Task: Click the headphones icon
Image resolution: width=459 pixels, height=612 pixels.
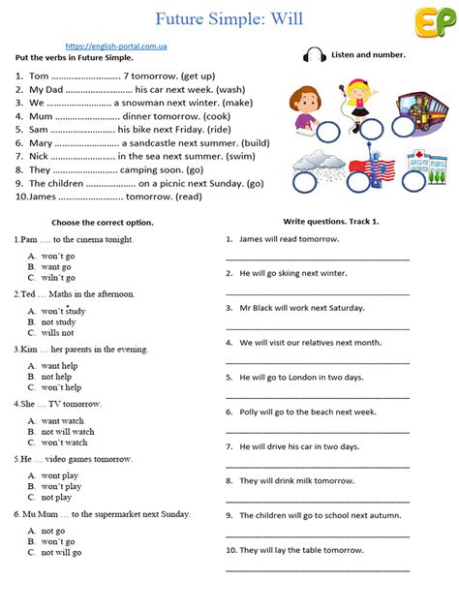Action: (314, 55)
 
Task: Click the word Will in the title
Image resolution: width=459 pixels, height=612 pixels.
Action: (293, 17)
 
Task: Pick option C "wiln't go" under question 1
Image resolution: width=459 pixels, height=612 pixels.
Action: (57, 276)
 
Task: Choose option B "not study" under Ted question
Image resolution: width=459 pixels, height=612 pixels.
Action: (58, 321)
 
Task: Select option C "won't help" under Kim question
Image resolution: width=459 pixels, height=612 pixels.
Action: (61, 386)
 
